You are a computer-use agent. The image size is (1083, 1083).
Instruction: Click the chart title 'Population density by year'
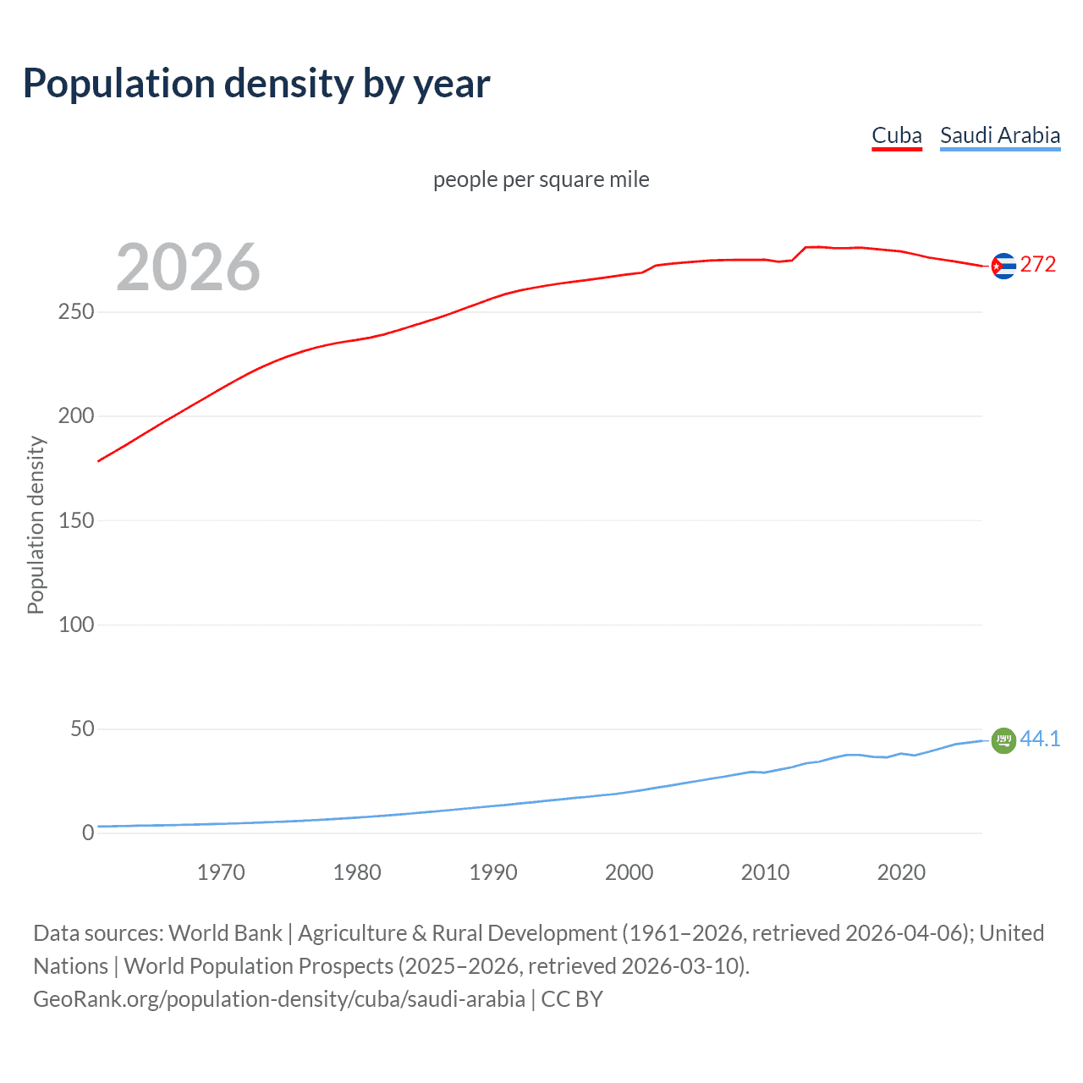[256, 84]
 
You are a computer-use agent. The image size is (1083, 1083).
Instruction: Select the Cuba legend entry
[897, 135]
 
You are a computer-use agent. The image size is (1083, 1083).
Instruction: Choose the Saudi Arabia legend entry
[1000, 135]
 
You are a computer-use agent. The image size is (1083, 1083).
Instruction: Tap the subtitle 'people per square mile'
[541, 179]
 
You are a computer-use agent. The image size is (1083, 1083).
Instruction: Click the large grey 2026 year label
[188, 267]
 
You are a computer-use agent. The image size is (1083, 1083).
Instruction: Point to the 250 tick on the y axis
[76, 312]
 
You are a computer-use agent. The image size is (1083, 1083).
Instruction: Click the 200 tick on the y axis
[76, 416]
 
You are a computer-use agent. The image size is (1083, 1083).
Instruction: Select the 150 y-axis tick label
[76, 520]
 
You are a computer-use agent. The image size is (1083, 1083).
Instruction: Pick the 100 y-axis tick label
[76, 624]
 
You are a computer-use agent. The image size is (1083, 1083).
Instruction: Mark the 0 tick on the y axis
[88, 833]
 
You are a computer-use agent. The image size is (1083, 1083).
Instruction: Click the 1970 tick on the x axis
[221, 872]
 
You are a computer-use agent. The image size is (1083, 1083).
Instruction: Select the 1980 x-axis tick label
[357, 872]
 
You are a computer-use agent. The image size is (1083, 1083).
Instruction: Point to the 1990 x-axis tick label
[493, 872]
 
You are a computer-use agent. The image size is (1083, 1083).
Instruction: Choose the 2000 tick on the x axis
[629, 872]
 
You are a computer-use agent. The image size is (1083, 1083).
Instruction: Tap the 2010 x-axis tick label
[766, 872]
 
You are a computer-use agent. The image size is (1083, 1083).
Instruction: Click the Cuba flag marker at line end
[1003, 267]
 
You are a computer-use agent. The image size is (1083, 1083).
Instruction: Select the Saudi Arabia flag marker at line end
[1003, 740]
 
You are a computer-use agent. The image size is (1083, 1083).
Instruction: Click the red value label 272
[1038, 265]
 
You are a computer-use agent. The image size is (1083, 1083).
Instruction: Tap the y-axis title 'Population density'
[36, 525]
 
